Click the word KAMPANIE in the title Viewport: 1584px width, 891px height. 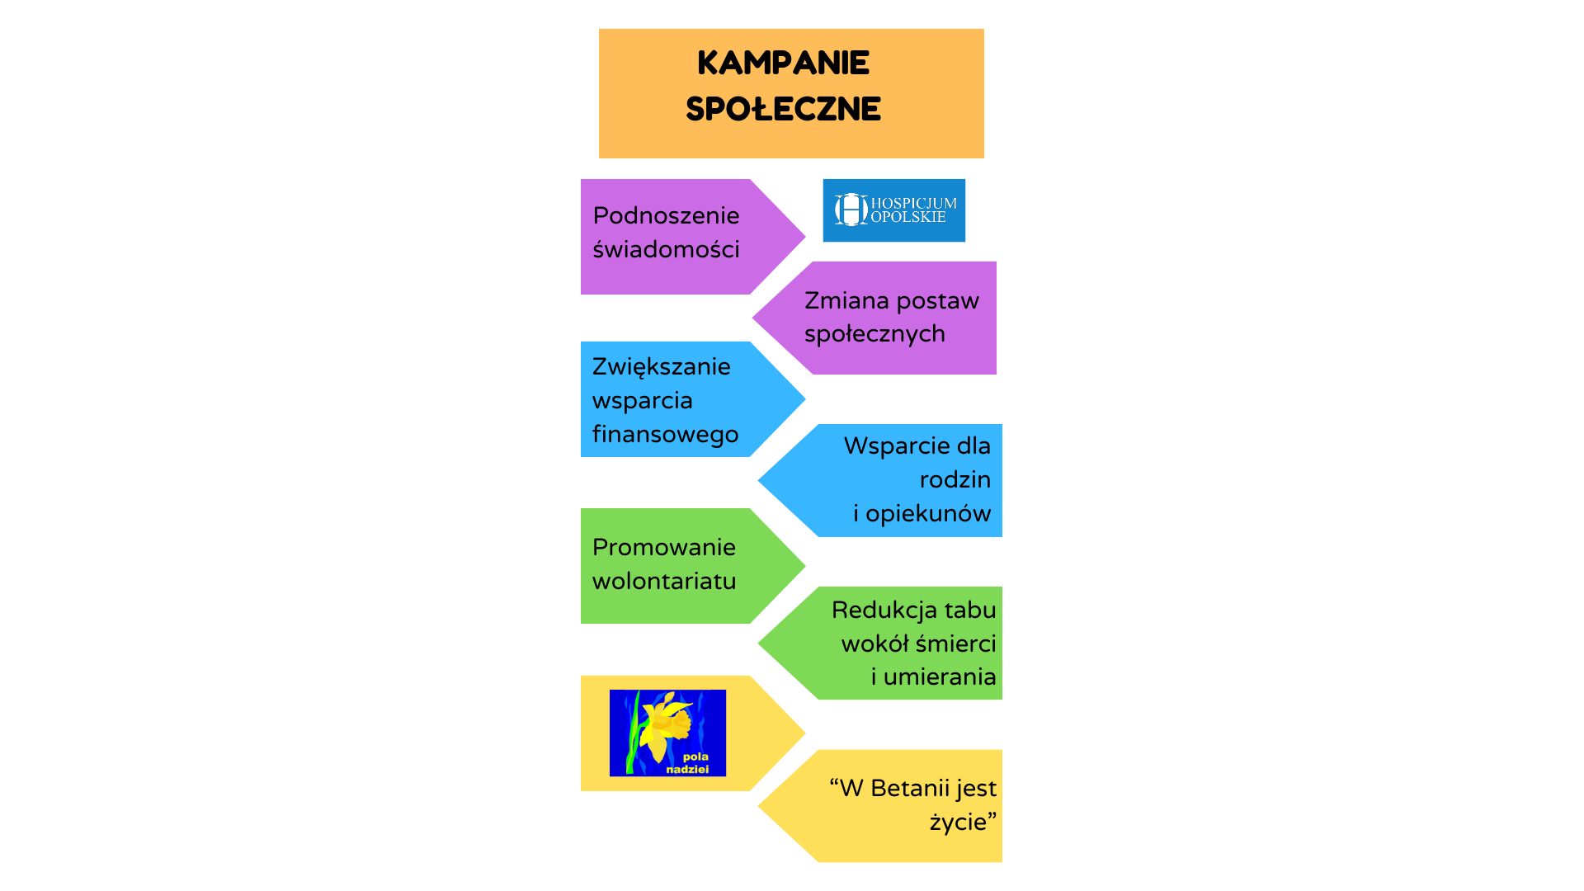pyautogui.click(x=783, y=63)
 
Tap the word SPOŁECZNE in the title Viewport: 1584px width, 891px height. pyautogui.click(x=783, y=109)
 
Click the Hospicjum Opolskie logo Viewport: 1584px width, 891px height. pyautogui.click(x=893, y=210)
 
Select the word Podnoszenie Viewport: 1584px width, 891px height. pyautogui.click(x=666, y=215)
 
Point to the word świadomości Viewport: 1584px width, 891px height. pyautogui.click(x=666, y=249)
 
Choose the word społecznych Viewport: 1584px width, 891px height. pyautogui.click(x=874, y=334)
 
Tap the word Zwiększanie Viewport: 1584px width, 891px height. pyautogui.click(x=661, y=366)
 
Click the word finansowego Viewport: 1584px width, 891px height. pyautogui.click(x=665, y=434)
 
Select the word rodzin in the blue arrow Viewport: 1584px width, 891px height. pyautogui.click(x=955, y=479)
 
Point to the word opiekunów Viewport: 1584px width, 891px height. pyautogui.click(x=928, y=513)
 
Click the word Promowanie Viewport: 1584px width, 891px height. pyautogui.click(x=663, y=547)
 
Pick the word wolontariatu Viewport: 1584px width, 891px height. pyautogui.click(x=663, y=581)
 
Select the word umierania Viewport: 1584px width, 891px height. pyautogui.click(x=940, y=676)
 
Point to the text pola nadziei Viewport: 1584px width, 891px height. pyautogui.click(x=688, y=762)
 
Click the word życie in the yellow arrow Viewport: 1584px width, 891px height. pyautogui.click(x=958, y=822)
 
